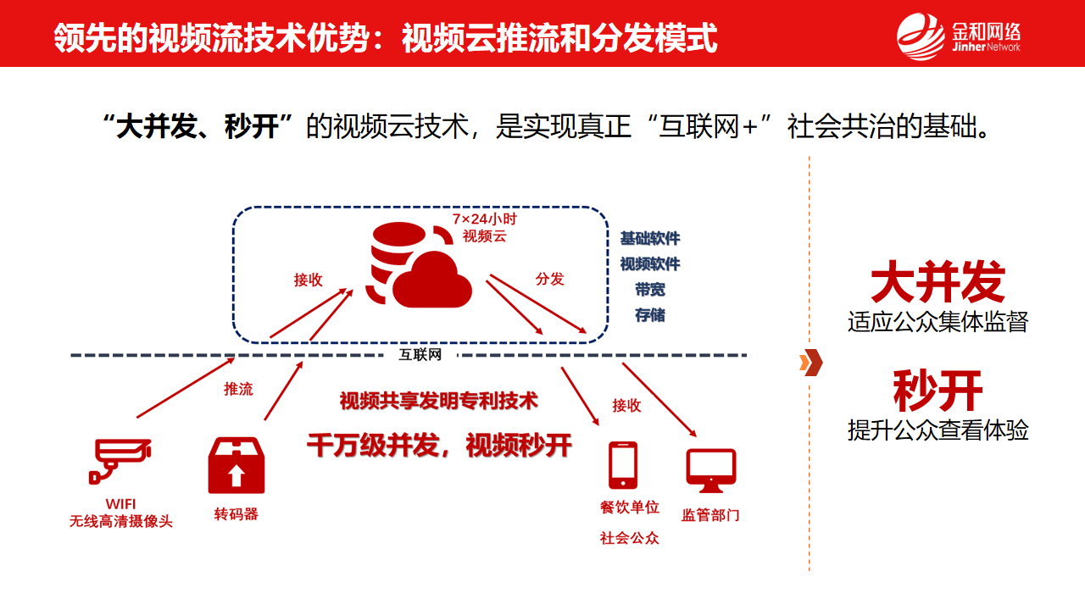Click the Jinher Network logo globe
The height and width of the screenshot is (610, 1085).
tap(920, 36)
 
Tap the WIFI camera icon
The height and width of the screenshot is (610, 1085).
tap(120, 460)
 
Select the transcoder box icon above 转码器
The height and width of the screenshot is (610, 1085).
tap(236, 465)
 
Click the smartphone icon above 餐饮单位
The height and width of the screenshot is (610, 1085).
tap(623, 465)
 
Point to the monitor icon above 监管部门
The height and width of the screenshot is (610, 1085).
tap(711, 470)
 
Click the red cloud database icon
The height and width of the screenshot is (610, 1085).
tap(420, 265)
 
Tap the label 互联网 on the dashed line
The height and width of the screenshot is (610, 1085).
tap(420, 355)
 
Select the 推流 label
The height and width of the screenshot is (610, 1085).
tap(238, 389)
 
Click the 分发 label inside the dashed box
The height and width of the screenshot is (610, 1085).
tap(550, 279)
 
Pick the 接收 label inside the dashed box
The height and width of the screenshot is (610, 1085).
tap(308, 280)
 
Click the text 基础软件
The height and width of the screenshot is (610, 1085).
tap(650, 238)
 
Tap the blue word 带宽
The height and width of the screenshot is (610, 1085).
tap(650, 290)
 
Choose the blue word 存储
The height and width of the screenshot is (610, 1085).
tap(650, 315)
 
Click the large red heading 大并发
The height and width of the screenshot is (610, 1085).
tap(938, 281)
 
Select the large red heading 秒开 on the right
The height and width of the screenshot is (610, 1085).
tap(938, 391)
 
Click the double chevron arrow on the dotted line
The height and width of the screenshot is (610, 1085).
tap(811, 362)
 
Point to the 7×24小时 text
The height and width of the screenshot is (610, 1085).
tap(484, 219)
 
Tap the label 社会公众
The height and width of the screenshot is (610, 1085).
tap(629, 538)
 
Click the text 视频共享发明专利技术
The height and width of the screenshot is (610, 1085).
tap(439, 401)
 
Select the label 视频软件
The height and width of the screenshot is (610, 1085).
tap(650, 263)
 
